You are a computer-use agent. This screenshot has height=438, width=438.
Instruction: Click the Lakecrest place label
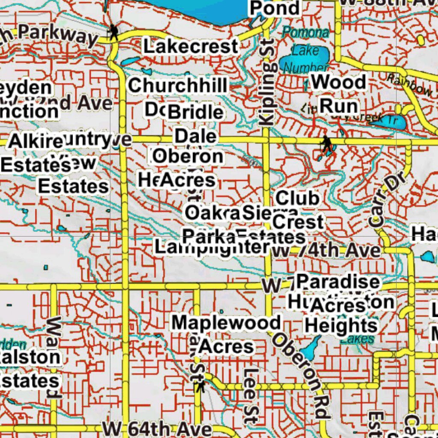190,47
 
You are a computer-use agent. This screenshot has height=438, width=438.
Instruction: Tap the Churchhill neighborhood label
178,86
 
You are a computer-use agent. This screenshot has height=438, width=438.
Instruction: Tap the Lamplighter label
212,247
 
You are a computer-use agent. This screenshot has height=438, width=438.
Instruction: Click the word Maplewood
226,323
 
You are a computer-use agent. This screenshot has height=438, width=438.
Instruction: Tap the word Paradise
338,282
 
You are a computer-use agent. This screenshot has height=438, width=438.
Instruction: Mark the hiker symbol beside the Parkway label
113,32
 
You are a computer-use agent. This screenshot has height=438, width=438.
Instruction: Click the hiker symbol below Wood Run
327,144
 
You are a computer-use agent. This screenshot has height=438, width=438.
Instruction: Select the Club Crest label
298,210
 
